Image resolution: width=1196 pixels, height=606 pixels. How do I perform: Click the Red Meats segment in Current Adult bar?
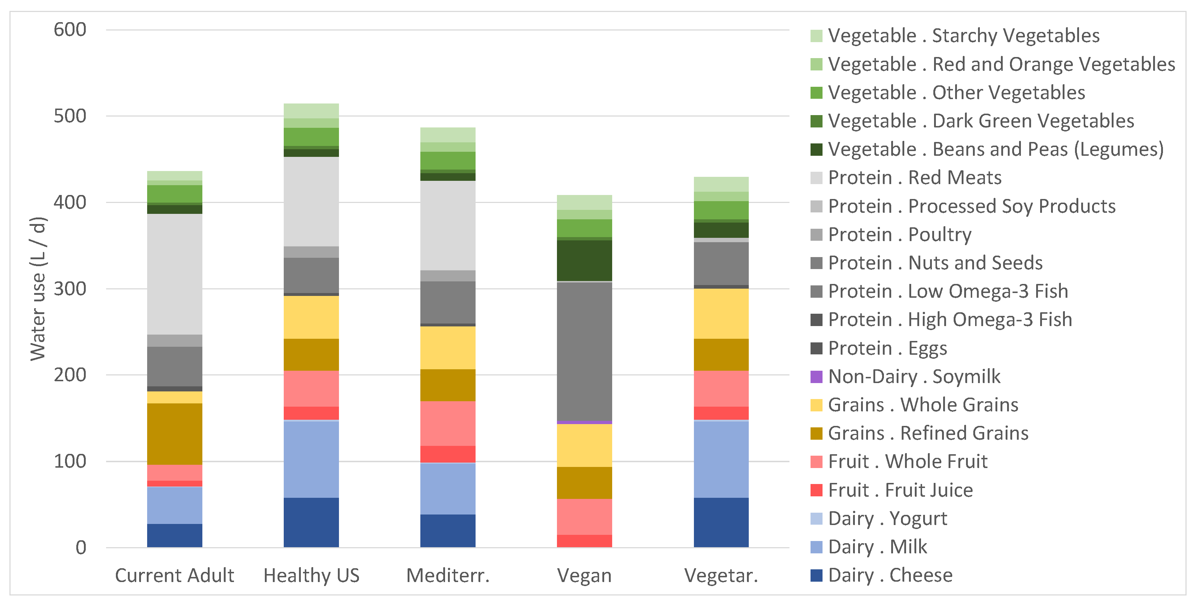coord(175,274)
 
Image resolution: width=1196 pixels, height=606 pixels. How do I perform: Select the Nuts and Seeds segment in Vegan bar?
coord(584,351)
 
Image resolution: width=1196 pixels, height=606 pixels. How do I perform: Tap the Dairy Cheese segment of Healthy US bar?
coord(311,522)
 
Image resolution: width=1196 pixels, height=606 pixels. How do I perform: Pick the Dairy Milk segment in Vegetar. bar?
coord(721,459)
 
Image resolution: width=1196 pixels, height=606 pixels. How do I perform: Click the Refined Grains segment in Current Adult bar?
coord(175,434)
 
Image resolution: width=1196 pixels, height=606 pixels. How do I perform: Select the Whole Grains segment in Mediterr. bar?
coord(448,347)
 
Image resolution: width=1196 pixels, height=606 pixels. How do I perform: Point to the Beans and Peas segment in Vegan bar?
coord(584,260)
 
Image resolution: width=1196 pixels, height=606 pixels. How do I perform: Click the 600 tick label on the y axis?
coord(70,30)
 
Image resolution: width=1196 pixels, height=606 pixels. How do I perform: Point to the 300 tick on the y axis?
coord(70,289)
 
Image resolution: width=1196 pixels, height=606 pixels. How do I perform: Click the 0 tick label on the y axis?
coord(81,548)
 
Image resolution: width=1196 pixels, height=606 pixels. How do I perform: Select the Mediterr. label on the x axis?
coord(448,576)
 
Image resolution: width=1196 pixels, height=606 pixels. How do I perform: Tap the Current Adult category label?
coord(175,576)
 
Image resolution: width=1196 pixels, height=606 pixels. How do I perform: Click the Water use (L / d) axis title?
coord(38,289)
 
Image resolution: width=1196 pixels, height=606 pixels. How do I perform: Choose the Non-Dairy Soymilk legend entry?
coord(914,376)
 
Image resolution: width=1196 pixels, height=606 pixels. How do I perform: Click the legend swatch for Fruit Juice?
coord(816,490)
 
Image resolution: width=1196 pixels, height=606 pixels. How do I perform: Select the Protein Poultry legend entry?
coord(899,234)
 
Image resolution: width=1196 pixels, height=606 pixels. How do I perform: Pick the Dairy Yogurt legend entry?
coord(887,518)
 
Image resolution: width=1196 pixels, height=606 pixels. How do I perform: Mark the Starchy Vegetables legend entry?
coord(963,36)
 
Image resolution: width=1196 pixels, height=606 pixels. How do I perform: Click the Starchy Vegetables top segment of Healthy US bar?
coord(311,111)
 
